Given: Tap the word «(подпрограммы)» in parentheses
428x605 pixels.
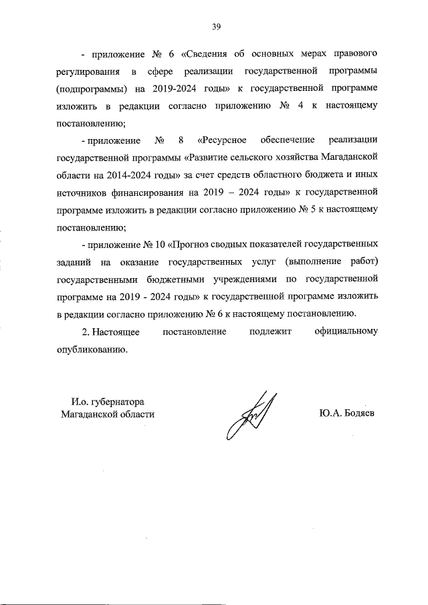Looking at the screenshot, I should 91,88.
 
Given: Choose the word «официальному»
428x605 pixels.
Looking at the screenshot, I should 346,332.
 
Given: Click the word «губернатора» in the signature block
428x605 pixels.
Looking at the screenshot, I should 118,402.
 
